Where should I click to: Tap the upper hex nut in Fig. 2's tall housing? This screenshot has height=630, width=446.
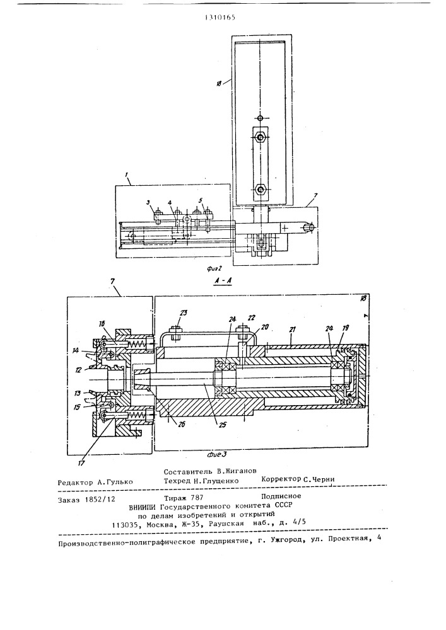tap(260, 137)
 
